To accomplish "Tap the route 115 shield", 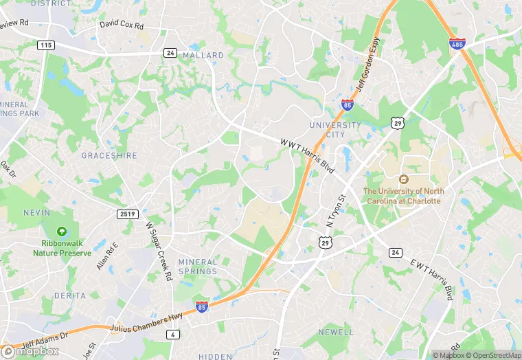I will pos(46,45).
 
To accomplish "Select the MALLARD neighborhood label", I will pos(204,55).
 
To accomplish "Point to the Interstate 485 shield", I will pos(457,44).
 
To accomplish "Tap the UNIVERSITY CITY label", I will pos(334,130).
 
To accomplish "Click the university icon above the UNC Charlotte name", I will pos(404,179).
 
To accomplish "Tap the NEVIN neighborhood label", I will pos(36,213).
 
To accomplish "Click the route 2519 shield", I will pos(127,214).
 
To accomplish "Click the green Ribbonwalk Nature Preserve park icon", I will pos(63,232).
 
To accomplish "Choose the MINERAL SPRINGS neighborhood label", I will pos(198,267).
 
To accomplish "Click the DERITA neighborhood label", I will pos(69,295).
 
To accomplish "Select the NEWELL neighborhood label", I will pos(335,332).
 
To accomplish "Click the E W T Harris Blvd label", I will pos(432,278).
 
